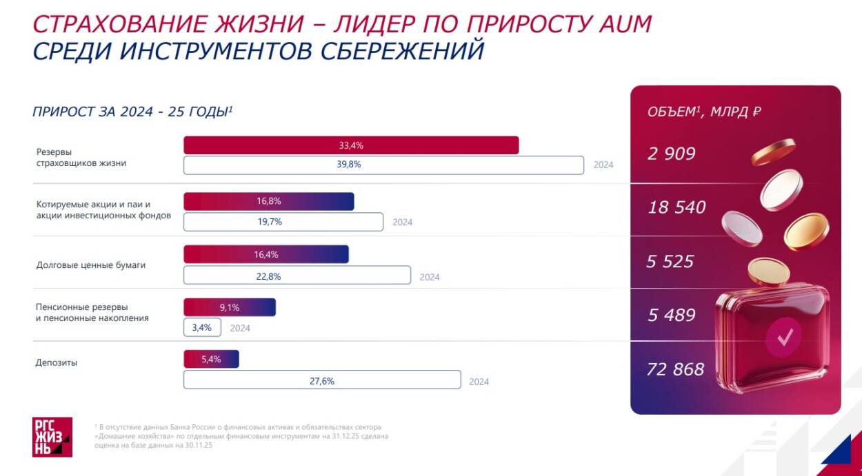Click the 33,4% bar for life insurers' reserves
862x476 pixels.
tap(350, 145)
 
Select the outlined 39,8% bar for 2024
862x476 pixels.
tap(383, 165)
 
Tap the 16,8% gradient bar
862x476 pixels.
tap(268, 201)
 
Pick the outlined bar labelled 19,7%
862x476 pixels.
tap(283, 222)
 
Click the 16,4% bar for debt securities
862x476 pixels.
tap(265, 254)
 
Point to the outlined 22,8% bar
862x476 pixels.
tap(297, 276)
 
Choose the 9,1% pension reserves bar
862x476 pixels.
tap(229, 307)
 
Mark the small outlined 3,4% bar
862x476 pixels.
tap(202, 327)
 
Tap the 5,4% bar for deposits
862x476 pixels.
tap(211, 359)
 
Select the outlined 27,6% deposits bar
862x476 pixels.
tap(321, 380)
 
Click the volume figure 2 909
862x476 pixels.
tap(671, 154)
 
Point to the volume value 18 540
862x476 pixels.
tap(676, 207)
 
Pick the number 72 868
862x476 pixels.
tap(675, 369)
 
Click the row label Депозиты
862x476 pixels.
tap(57, 362)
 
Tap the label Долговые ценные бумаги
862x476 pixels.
tap(91, 265)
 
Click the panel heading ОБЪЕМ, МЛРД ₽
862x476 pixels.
tap(704, 112)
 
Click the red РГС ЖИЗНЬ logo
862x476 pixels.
tap(52, 437)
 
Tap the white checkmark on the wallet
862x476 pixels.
tap(785, 337)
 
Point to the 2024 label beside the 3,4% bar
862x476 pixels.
tap(240, 329)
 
